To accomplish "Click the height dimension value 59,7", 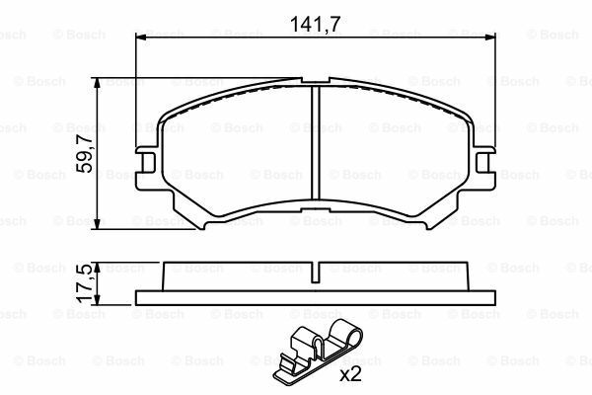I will pyautogui.click(x=86, y=155).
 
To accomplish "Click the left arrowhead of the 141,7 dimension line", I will pyautogui.click(x=139, y=39).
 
